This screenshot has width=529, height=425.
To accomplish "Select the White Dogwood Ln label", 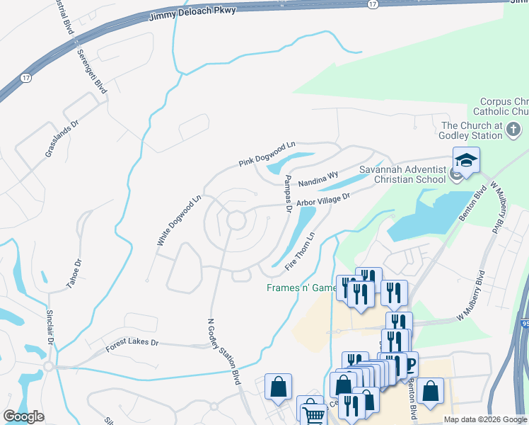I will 179,221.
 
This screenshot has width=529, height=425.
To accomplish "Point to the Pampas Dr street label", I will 288,193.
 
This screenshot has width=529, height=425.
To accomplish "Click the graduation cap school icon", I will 467,161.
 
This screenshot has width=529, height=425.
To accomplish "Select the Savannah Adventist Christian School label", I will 403,174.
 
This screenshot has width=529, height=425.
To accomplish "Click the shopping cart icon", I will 312,413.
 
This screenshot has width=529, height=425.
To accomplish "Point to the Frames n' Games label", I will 302,288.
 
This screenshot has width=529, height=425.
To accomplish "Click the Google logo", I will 23,416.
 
